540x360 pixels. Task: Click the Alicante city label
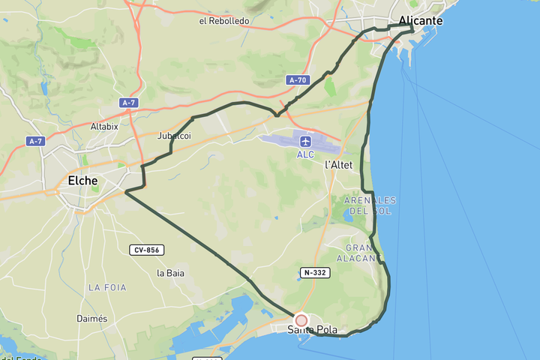click(421, 21)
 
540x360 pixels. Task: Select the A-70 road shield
click(298, 79)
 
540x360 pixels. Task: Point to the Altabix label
click(104, 126)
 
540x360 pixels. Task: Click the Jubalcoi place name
click(174, 136)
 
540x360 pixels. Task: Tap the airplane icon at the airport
click(305, 141)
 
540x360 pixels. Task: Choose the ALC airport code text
click(305, 154)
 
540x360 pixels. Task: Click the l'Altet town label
click(338, 164)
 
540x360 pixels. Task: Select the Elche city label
click(82, 181)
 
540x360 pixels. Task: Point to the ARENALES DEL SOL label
click(370, 205)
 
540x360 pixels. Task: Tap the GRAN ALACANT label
click(364, 253)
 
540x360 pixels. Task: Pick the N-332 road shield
click(315, 272)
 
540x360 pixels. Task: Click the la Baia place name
click(171, 273)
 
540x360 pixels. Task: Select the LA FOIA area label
click(107, 287)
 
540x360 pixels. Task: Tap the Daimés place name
click(91, 319)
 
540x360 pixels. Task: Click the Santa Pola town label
click(313, 330)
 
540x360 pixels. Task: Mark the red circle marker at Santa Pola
click(301, 320)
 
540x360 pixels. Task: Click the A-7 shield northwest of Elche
click(35, 141)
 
